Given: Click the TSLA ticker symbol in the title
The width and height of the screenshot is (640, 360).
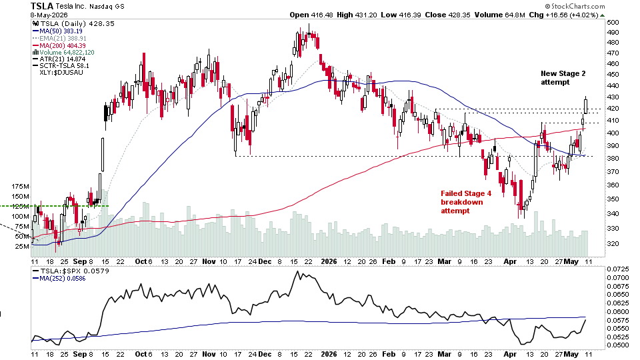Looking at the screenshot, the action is [x=42, y=6].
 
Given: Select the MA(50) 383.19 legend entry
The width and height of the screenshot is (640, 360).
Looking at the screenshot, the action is [x=57, y=31].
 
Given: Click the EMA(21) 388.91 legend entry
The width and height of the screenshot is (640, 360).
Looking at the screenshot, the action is [x=59, y=39].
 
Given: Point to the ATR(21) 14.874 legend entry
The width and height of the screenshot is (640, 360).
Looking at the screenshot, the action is [x=59, y=59].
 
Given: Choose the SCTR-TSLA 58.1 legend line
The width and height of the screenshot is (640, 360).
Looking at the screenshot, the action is [x=61, y=66].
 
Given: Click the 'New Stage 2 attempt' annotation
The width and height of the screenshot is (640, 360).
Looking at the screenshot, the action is [x=563, y=77].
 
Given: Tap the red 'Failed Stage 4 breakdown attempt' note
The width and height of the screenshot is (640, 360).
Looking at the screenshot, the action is [x=466, y=202].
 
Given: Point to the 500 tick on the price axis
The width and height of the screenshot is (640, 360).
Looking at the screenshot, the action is [x=613, y=23].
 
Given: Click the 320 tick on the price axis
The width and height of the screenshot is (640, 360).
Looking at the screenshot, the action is [x=613, y=244].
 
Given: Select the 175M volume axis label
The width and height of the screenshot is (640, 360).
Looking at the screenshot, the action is [x=20, y=187].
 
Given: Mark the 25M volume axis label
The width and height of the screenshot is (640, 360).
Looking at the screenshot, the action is [x=22, y=246].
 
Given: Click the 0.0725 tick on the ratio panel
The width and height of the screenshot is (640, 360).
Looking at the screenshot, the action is [x=617, y=269].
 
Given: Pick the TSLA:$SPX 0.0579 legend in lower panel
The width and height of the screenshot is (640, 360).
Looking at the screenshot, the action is [x=71, y=271].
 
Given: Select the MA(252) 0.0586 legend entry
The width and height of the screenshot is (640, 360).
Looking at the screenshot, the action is [x=59, y=279].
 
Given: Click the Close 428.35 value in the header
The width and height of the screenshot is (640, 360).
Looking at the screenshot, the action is [x=447, y=15].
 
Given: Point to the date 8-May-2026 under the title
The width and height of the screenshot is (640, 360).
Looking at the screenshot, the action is [x=49, y=15].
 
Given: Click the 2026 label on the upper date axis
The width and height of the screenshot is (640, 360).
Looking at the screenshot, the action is [x=329, y=261].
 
